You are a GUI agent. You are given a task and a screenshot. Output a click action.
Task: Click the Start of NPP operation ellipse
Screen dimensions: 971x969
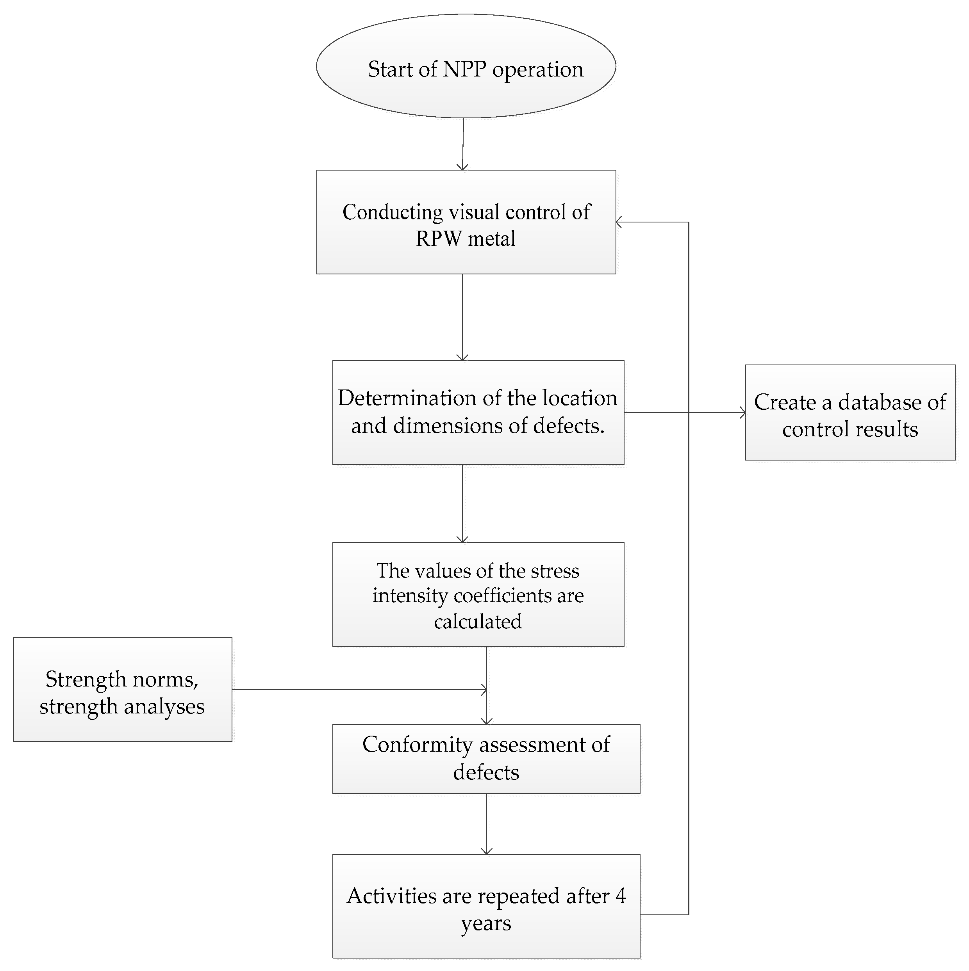[x=466, y=66]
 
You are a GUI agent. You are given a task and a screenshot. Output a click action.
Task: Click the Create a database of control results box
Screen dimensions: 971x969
[x=850, y=413]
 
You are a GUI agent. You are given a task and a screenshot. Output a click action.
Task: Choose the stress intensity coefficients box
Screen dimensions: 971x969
[x=478, y=594]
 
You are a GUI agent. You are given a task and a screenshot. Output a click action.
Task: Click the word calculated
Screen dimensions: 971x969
[x=478, y=622]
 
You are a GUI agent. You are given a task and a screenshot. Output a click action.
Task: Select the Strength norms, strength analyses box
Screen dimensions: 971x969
[x=122, y=690]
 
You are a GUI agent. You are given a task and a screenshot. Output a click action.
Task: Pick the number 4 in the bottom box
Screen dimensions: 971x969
[x=621, y=896]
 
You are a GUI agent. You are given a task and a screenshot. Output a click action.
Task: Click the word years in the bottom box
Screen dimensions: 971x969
[x=486, y=924]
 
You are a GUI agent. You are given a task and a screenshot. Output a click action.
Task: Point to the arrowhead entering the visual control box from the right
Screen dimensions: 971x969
[x=619, y=222]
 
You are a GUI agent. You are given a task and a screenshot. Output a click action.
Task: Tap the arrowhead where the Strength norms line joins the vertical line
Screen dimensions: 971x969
[x=484, y=690]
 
